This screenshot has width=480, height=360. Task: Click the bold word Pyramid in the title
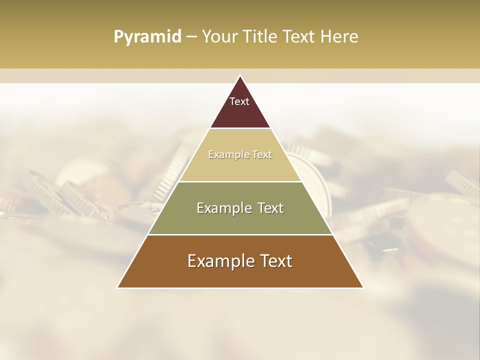tap(147, 36)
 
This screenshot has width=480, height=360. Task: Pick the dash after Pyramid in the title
tap(191, 37)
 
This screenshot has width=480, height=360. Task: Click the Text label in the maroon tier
tap(239, 101)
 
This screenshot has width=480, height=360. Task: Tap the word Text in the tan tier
tap(262, 154)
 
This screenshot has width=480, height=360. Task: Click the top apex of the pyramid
tap(240, 76)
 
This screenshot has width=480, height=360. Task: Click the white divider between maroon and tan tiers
tap(240, 128)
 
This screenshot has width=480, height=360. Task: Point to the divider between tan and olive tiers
tap(240, 181)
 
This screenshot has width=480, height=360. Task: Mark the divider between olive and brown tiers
tap(240, 234)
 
